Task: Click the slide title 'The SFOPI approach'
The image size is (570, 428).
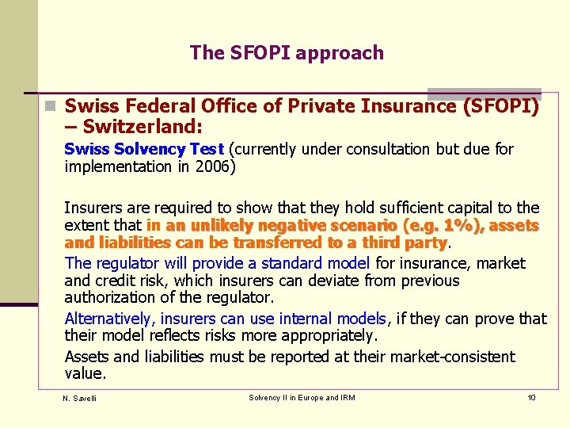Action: pos(287,53)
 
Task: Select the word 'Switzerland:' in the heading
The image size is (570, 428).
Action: pos(142,127)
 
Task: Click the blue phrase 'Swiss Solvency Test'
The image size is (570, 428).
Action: pos(145,149)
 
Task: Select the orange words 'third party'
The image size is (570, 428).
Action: pos(407,243)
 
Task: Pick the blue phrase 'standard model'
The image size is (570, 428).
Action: pos(321,263)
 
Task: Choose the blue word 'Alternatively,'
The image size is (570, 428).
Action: pos(111,319)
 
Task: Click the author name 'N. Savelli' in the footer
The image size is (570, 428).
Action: pos(79,398)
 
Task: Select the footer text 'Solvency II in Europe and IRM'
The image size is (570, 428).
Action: pos(302,397)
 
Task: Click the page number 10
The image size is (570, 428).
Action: pos(531,397)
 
